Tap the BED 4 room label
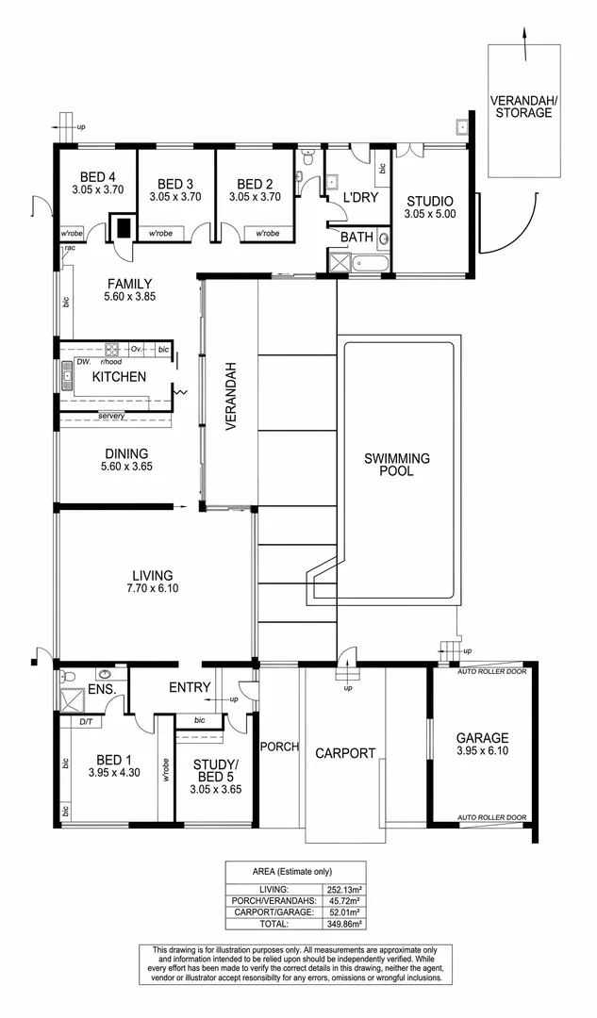coord(98,176)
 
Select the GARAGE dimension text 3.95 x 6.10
coord(482,753)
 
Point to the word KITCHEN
coord(119,377)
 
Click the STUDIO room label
coord(429,201)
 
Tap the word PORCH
coord(280,747)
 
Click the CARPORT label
coord(345,753)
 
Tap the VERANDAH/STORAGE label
coord(521,106)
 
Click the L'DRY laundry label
coord(358,199)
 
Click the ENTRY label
coord(190,687)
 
